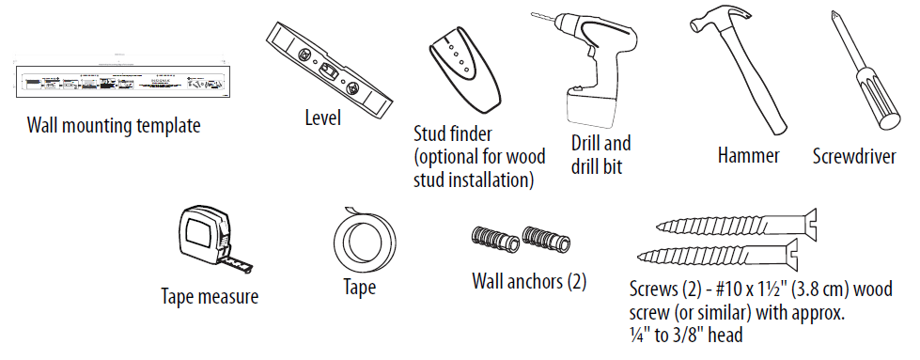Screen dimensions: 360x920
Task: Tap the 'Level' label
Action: coord(322,118)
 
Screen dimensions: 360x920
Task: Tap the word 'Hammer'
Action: coord(748,156)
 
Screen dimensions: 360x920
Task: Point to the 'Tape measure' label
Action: coord(210,298)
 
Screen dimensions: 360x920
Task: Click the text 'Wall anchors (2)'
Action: coord(529,280)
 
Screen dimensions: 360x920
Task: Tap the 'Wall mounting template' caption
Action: coord(113,125)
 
